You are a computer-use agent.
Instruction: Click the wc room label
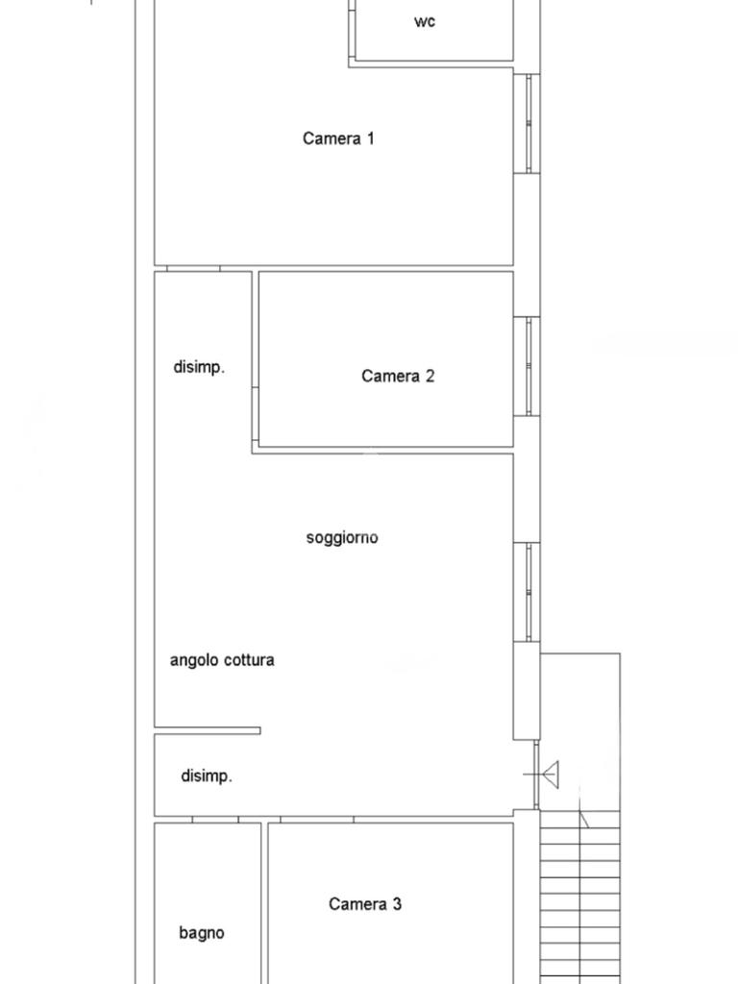(424, 21)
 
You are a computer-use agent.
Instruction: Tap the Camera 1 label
(338, 138)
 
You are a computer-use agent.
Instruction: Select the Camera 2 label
(397, 376)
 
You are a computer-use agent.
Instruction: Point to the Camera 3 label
(364, 903)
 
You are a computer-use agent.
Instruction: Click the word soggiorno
(342, 538)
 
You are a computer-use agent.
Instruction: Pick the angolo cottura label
(222, 660)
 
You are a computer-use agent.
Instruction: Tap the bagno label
(202, 933)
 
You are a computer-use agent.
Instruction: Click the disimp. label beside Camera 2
(199, 367)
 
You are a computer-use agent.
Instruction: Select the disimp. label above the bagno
(207, 776)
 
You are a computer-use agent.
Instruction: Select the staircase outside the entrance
(579, 898)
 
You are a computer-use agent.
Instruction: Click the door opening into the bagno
(215, 820)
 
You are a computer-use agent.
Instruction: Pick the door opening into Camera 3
(317, 820)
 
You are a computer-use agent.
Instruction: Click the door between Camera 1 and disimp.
(193, 269)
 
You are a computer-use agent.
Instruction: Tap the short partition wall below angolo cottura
(208, 730)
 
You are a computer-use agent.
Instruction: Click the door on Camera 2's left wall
(256, 413)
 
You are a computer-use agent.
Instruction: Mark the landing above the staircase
(580, 731)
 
